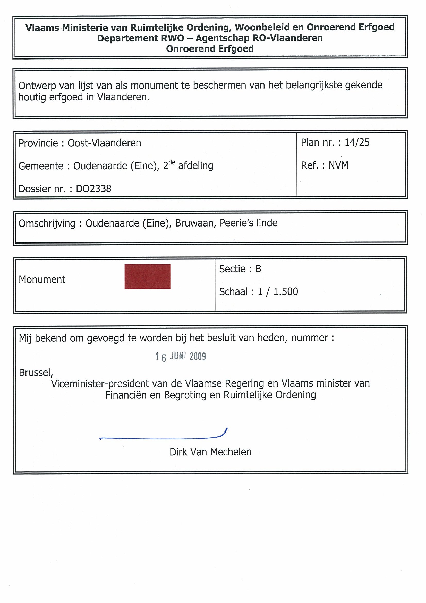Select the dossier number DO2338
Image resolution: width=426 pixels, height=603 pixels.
click(x=93, y=189)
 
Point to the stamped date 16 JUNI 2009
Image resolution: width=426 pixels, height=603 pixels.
click(x=181, y=356)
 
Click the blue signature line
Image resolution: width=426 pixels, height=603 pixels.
click(x=163, y=438)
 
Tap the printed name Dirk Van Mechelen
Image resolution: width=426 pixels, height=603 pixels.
click(x=210, y=452)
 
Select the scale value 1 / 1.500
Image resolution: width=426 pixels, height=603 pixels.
click(x=278, y=291)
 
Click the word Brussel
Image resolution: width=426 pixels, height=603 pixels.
click(x=36, y=372)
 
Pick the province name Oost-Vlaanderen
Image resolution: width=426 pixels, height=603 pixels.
click(x=104, y=143)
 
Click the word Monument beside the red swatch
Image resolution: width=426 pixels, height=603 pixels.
click(x=42, y=279)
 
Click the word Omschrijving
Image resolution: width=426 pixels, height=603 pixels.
click(x=47, y=223)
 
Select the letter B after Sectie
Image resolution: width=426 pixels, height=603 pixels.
click(x=258, y=269)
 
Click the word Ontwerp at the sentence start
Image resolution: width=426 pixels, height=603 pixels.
click(x=37, y=86)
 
